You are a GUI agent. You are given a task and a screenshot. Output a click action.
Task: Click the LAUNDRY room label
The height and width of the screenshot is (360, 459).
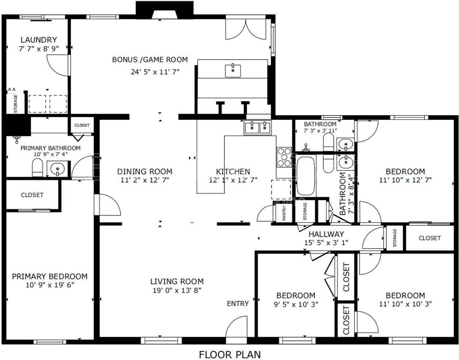point(39,40)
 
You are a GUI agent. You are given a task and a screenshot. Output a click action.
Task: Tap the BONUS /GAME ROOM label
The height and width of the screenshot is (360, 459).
point(150,60)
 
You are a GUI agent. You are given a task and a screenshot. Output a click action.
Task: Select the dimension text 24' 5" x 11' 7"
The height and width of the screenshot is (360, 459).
point(155,72)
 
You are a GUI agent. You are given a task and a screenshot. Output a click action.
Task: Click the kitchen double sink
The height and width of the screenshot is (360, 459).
point(258,128)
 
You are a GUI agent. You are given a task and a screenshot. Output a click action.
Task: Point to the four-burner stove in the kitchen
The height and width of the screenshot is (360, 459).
point(284,157)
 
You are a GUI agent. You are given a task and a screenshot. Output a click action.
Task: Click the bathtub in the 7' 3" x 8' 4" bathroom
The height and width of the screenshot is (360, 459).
point(306,175)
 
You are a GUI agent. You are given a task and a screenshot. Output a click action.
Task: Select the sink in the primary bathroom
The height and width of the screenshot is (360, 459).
point(57,169)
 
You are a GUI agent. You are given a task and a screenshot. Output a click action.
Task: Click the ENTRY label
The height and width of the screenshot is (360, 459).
point(238,303)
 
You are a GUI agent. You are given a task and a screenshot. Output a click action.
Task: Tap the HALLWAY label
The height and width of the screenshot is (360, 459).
point(326,234)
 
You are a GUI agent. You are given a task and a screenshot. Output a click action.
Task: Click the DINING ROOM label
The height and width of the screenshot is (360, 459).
point(145,171)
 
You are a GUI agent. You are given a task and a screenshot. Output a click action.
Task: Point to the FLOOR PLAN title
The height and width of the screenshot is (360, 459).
point(229,354)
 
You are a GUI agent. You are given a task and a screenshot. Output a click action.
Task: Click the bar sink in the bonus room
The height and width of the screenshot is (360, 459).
point(233,70)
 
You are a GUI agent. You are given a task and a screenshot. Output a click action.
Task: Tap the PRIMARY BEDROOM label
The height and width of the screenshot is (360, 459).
point(49,276)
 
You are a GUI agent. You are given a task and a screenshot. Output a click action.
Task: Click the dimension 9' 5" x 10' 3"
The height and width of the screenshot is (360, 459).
point(296,304)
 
